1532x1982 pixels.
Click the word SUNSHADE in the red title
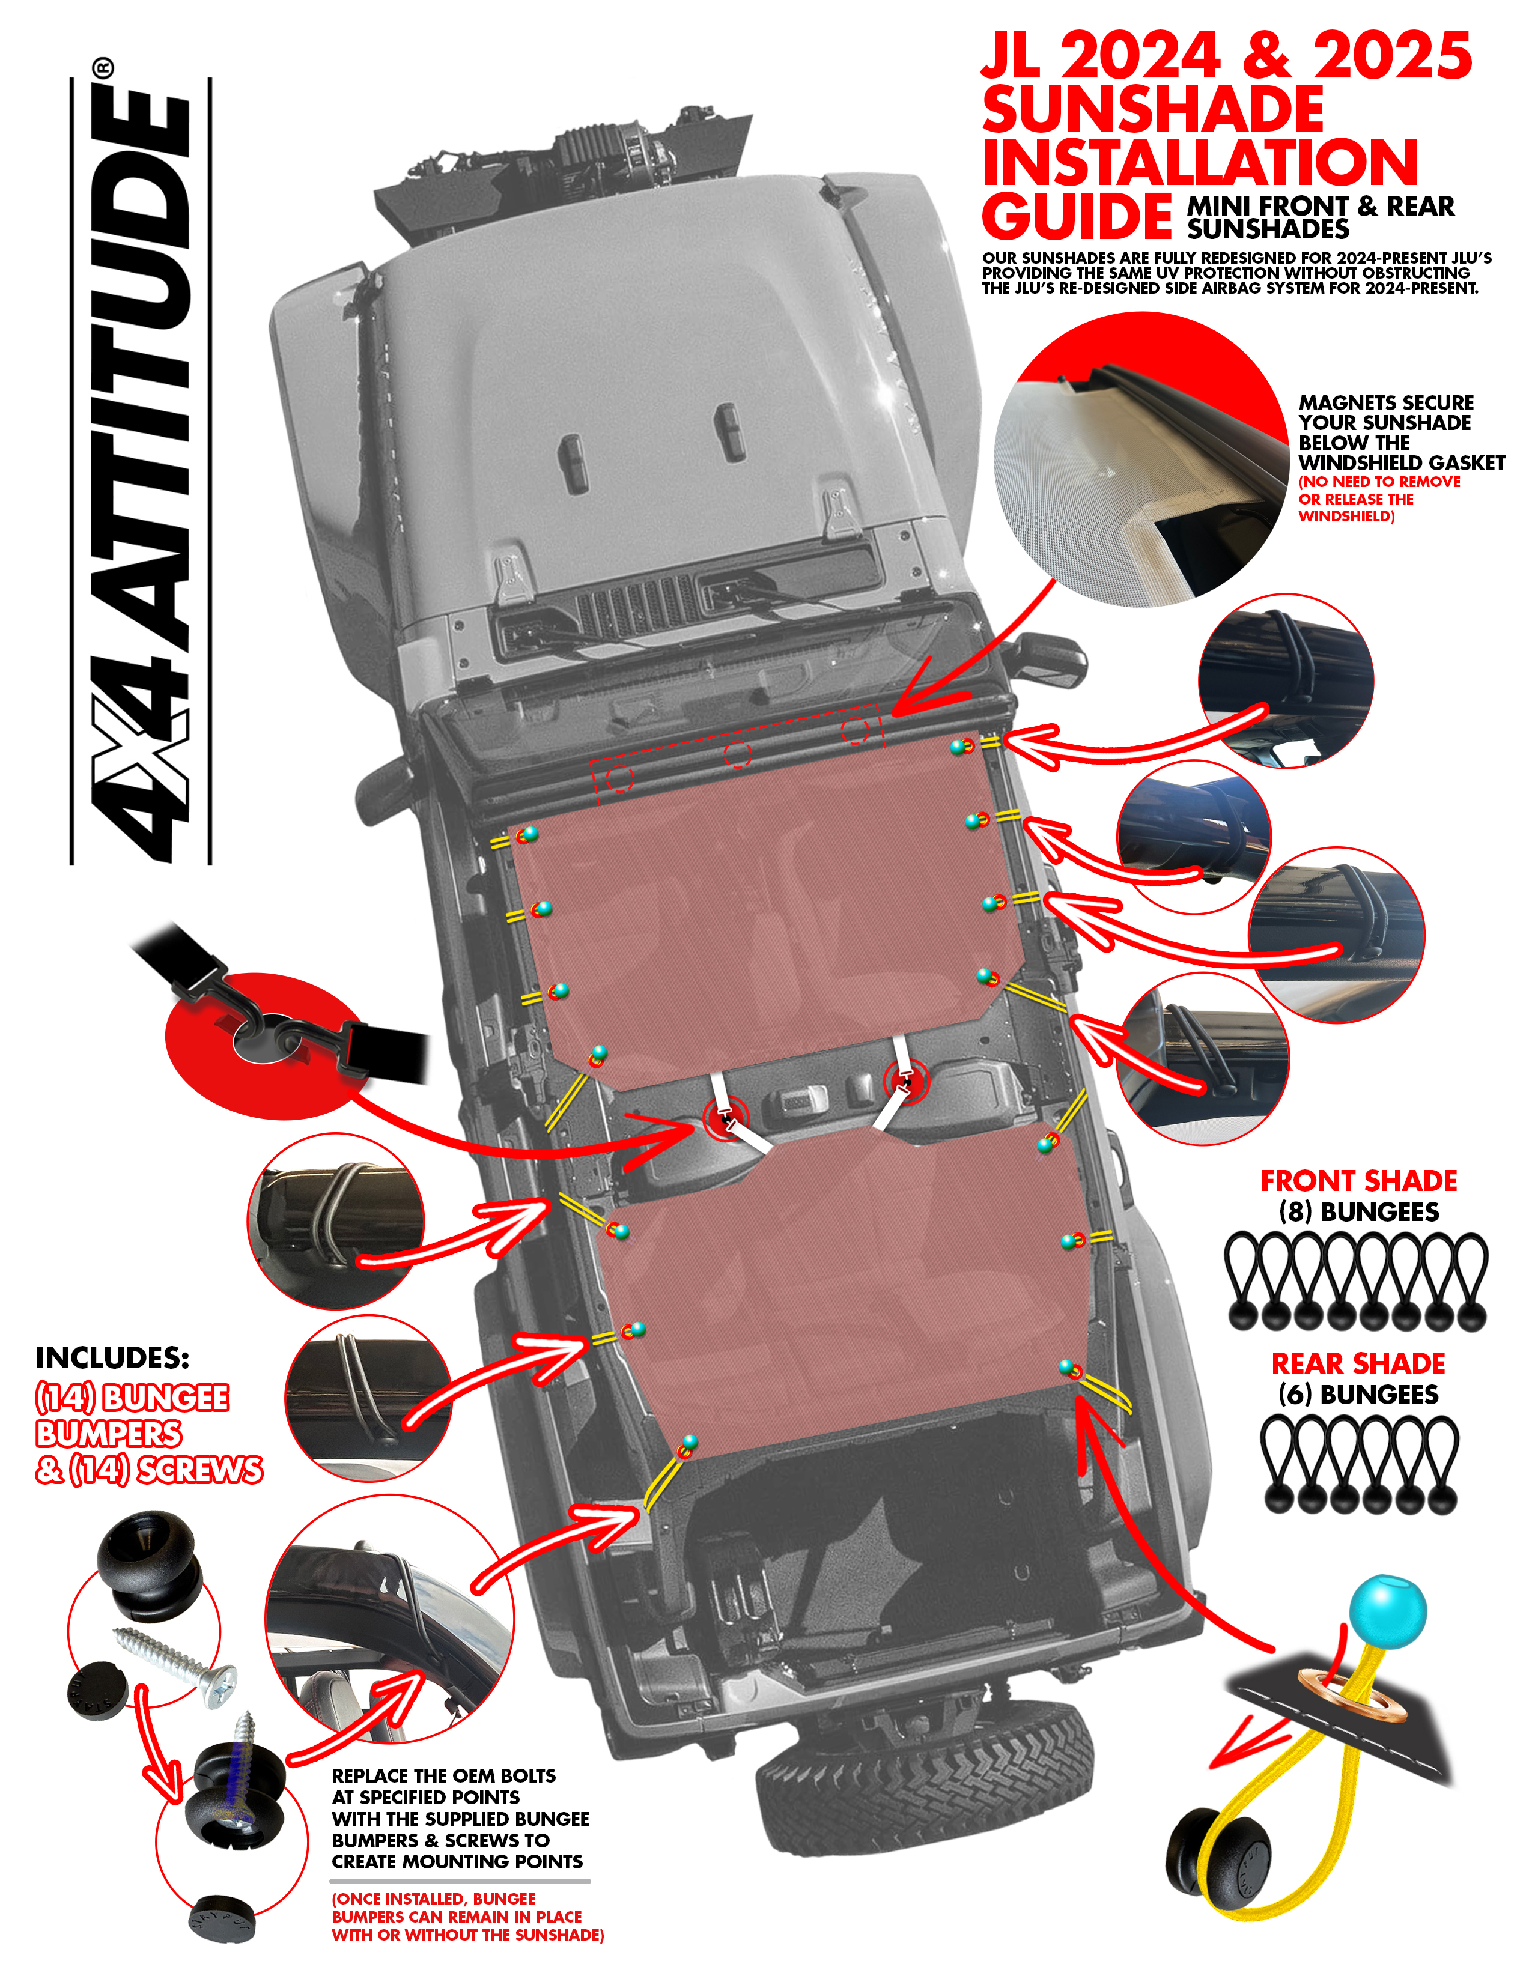[1153, 110]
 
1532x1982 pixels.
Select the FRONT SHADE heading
[1358, 1181]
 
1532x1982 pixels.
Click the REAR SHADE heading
[1358, 1363]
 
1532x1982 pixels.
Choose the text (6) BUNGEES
[1358, 1394]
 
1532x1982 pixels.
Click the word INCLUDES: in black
[112, 1357]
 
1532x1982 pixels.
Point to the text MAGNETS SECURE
[1386, 402]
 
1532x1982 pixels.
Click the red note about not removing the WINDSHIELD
[1379, 499]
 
